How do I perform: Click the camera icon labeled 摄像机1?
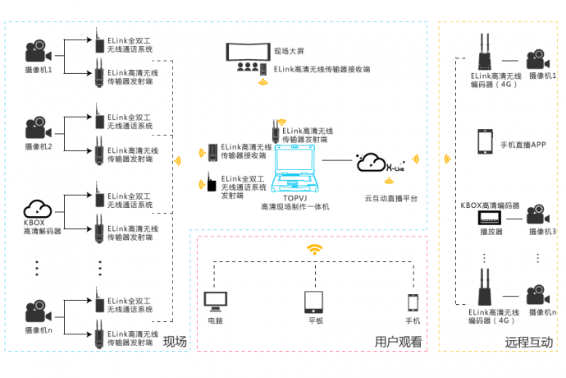pyautogui.click(x=37, y=52)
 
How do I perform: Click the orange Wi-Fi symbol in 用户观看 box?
pyautogui.click(x=314, y=248)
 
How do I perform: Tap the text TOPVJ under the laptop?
pyautogui.click(x=294, y=198)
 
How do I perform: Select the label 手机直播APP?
pyautogui.click(x=523, y=145)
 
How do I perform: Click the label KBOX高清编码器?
pyautogui.click(x=491, y=204)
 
